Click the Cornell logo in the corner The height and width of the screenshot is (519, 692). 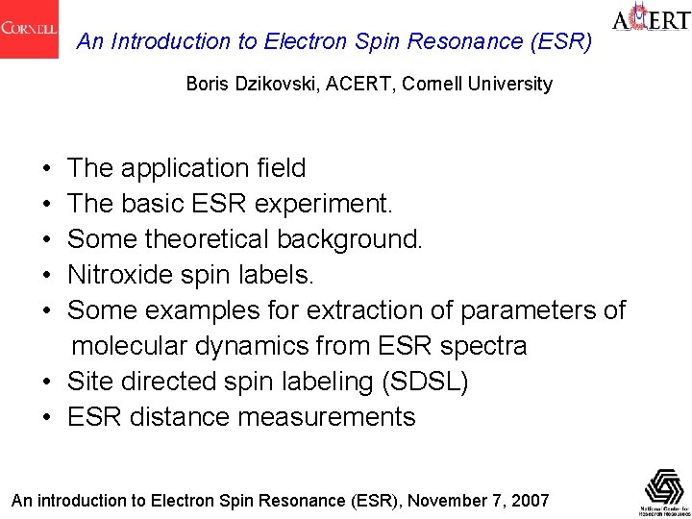[x=29, y=29]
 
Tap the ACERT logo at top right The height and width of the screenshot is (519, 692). [x=651, y=21]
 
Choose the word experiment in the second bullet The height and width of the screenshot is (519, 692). [x=329, y=205]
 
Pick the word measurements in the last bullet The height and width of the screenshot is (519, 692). [x=327, y=417]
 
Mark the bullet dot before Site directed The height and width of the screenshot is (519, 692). [x=47, y=383]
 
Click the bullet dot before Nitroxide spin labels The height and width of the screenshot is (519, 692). [x=47, y=276]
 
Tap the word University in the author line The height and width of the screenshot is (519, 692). [x=514, y=84]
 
